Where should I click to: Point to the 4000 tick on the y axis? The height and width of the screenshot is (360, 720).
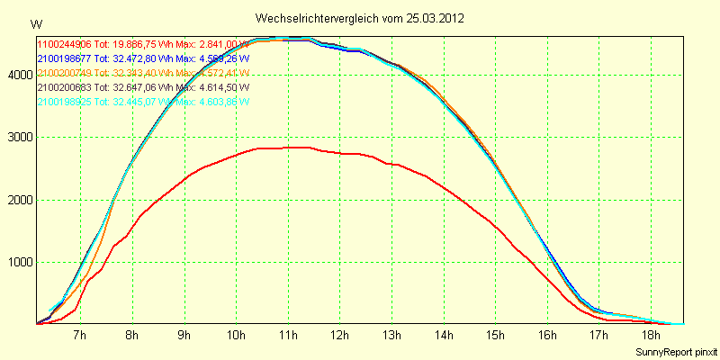pyautogui.click(x=19, y=75)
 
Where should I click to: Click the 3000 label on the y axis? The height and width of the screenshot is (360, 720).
pyautogui.click(x=19, y=138)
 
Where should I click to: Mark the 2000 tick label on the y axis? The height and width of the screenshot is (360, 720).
pyautogui.click(x=19, y=200)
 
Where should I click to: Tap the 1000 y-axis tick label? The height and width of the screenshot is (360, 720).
pyautogui.click(x=19, y=263)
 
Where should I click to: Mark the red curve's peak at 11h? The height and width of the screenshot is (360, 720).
pyautogui.click(x=288, y=147)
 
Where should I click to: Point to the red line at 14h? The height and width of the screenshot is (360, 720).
pyautogui.click(x=445, y=187)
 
